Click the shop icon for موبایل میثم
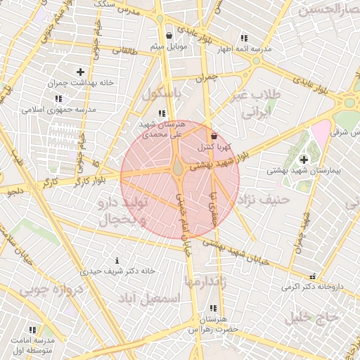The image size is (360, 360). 169,35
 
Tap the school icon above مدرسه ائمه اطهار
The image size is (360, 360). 243,38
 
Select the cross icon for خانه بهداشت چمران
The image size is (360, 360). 80,72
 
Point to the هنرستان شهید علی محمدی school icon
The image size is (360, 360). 162,113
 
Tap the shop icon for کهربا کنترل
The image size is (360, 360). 214,136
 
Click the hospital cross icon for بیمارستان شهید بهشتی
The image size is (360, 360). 303,160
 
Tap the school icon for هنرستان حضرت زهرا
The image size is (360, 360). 212,308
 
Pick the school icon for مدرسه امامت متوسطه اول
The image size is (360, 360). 32,330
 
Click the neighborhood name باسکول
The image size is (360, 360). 162,94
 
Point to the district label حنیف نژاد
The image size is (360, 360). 264,200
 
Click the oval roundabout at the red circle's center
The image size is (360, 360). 179,169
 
